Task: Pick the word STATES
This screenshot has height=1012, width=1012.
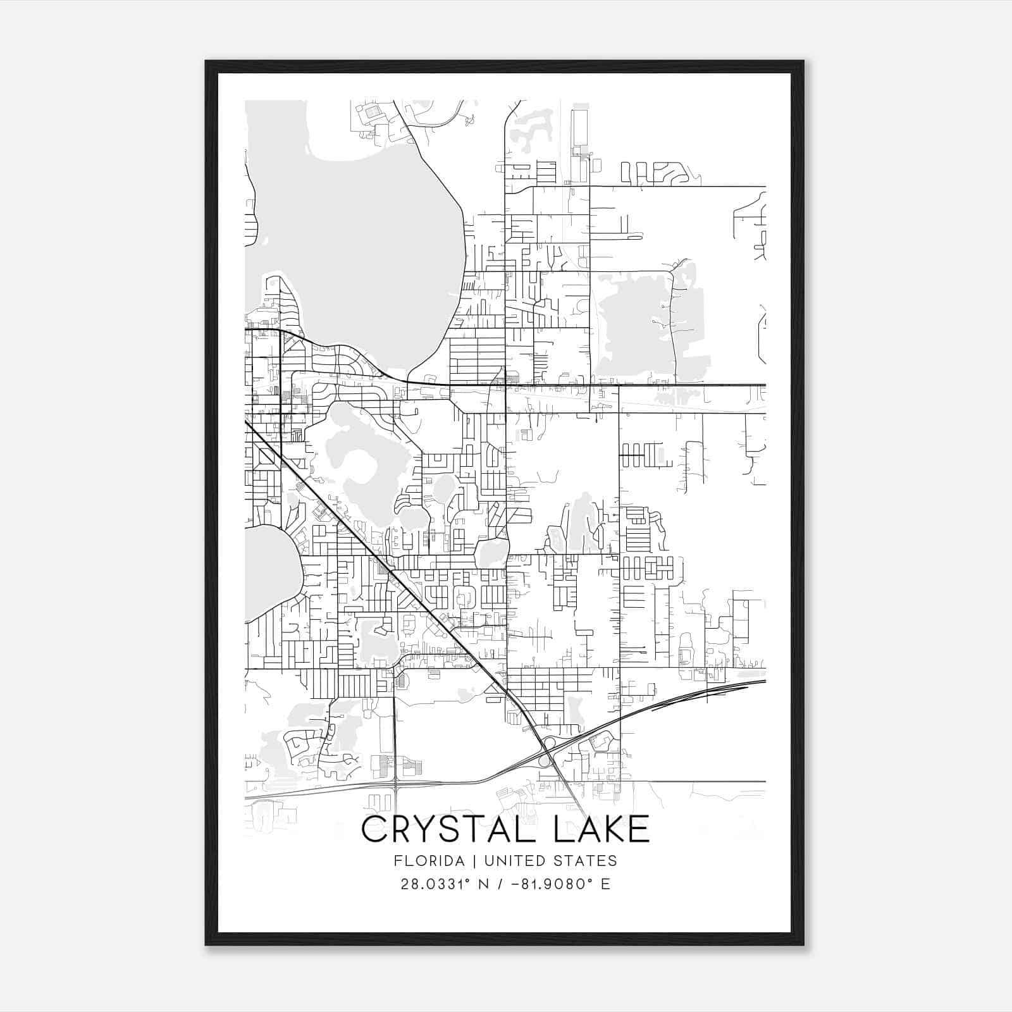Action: pos(586,861)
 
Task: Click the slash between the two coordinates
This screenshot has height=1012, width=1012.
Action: pos(501,884)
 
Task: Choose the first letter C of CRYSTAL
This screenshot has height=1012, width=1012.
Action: pos(374,829)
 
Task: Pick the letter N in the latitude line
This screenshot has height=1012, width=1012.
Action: pos(486,884)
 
